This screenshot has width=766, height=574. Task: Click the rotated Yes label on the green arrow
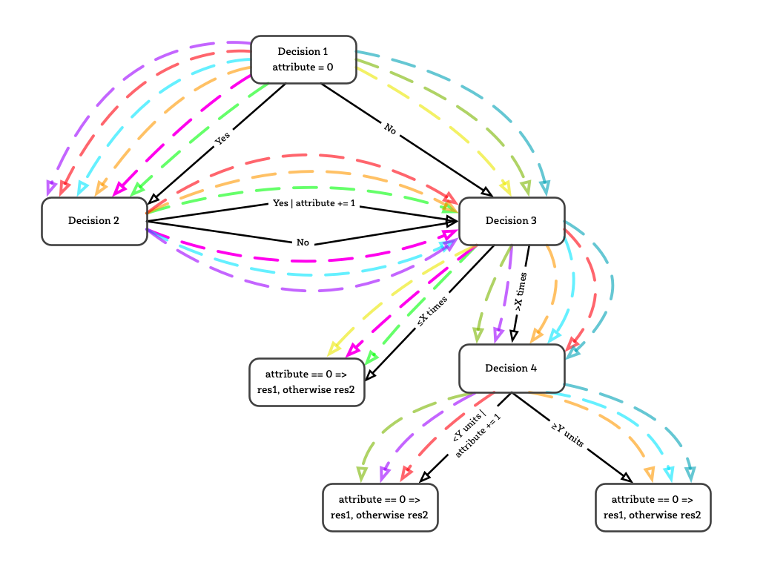click(x=222, y=139)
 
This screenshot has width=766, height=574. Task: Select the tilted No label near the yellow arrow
click(x=390, y=129)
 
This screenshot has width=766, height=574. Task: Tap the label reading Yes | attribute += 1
click(x=314, y=203)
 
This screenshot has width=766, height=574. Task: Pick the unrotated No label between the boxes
click(x=303, y=243)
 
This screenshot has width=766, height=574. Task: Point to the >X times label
click(x=521, y=291)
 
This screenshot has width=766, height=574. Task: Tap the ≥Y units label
click(x=567, y=435)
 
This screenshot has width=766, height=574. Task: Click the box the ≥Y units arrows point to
click(x=653, y=507)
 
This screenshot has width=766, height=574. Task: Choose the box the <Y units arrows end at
click(x=380, y=507)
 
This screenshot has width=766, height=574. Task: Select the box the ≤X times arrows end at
click(x=306, y=382)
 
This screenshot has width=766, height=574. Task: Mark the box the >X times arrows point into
click(x=512, y=369)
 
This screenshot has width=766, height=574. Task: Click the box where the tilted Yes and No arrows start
click(x=303, y=59)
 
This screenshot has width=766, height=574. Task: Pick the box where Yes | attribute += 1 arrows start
click(x=94, y=221)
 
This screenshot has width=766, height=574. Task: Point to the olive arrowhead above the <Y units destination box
click(x=361, y=474)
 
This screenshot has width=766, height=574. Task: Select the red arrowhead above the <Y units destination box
click(x=405, y=473)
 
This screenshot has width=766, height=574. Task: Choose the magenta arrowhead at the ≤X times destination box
click(x=353, y=349)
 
